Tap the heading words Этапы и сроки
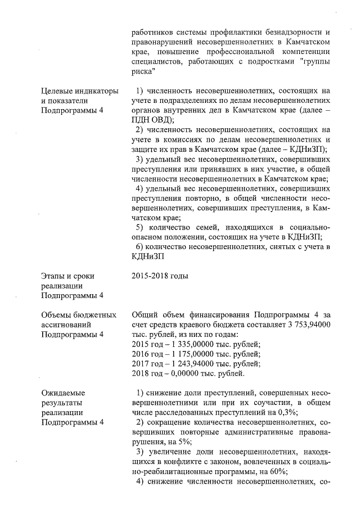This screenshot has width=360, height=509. tap(67, 276)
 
